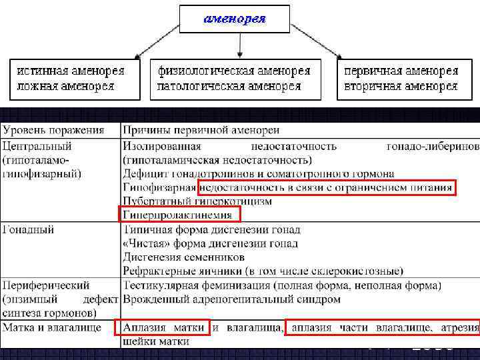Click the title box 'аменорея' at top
tap(235, 19)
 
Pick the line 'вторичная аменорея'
tap(400, 85)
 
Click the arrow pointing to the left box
tap(157, 48)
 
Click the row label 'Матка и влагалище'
tap(52, 327)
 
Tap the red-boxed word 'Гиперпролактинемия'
tap(178, 215)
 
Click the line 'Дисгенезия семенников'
tap(183, 257)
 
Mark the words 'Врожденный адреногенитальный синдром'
tap(231, 299)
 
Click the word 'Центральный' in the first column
tap(37, 146)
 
